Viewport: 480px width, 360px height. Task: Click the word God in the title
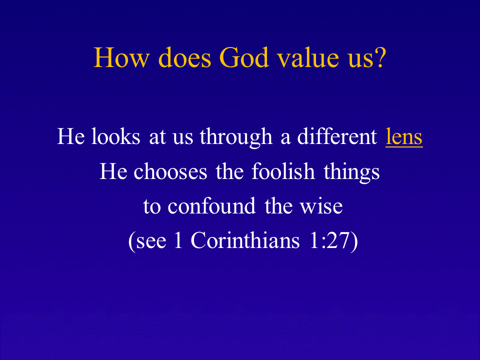[243, 57]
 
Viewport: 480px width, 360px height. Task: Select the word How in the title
[121, 57]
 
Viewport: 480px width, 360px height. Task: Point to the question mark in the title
[380, 57]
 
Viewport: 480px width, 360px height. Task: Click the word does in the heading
[184, 57]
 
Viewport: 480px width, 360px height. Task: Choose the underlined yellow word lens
[404, 136]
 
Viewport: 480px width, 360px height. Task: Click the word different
[337, 136]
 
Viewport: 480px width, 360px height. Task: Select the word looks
[115, 136]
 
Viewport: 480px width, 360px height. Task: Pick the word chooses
[170, 171]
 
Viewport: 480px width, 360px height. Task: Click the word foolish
[283, 171]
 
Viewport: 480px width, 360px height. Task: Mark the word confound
[211, 206]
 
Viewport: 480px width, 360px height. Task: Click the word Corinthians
[245, 240]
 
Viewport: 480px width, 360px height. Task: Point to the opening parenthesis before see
[132, 241]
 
